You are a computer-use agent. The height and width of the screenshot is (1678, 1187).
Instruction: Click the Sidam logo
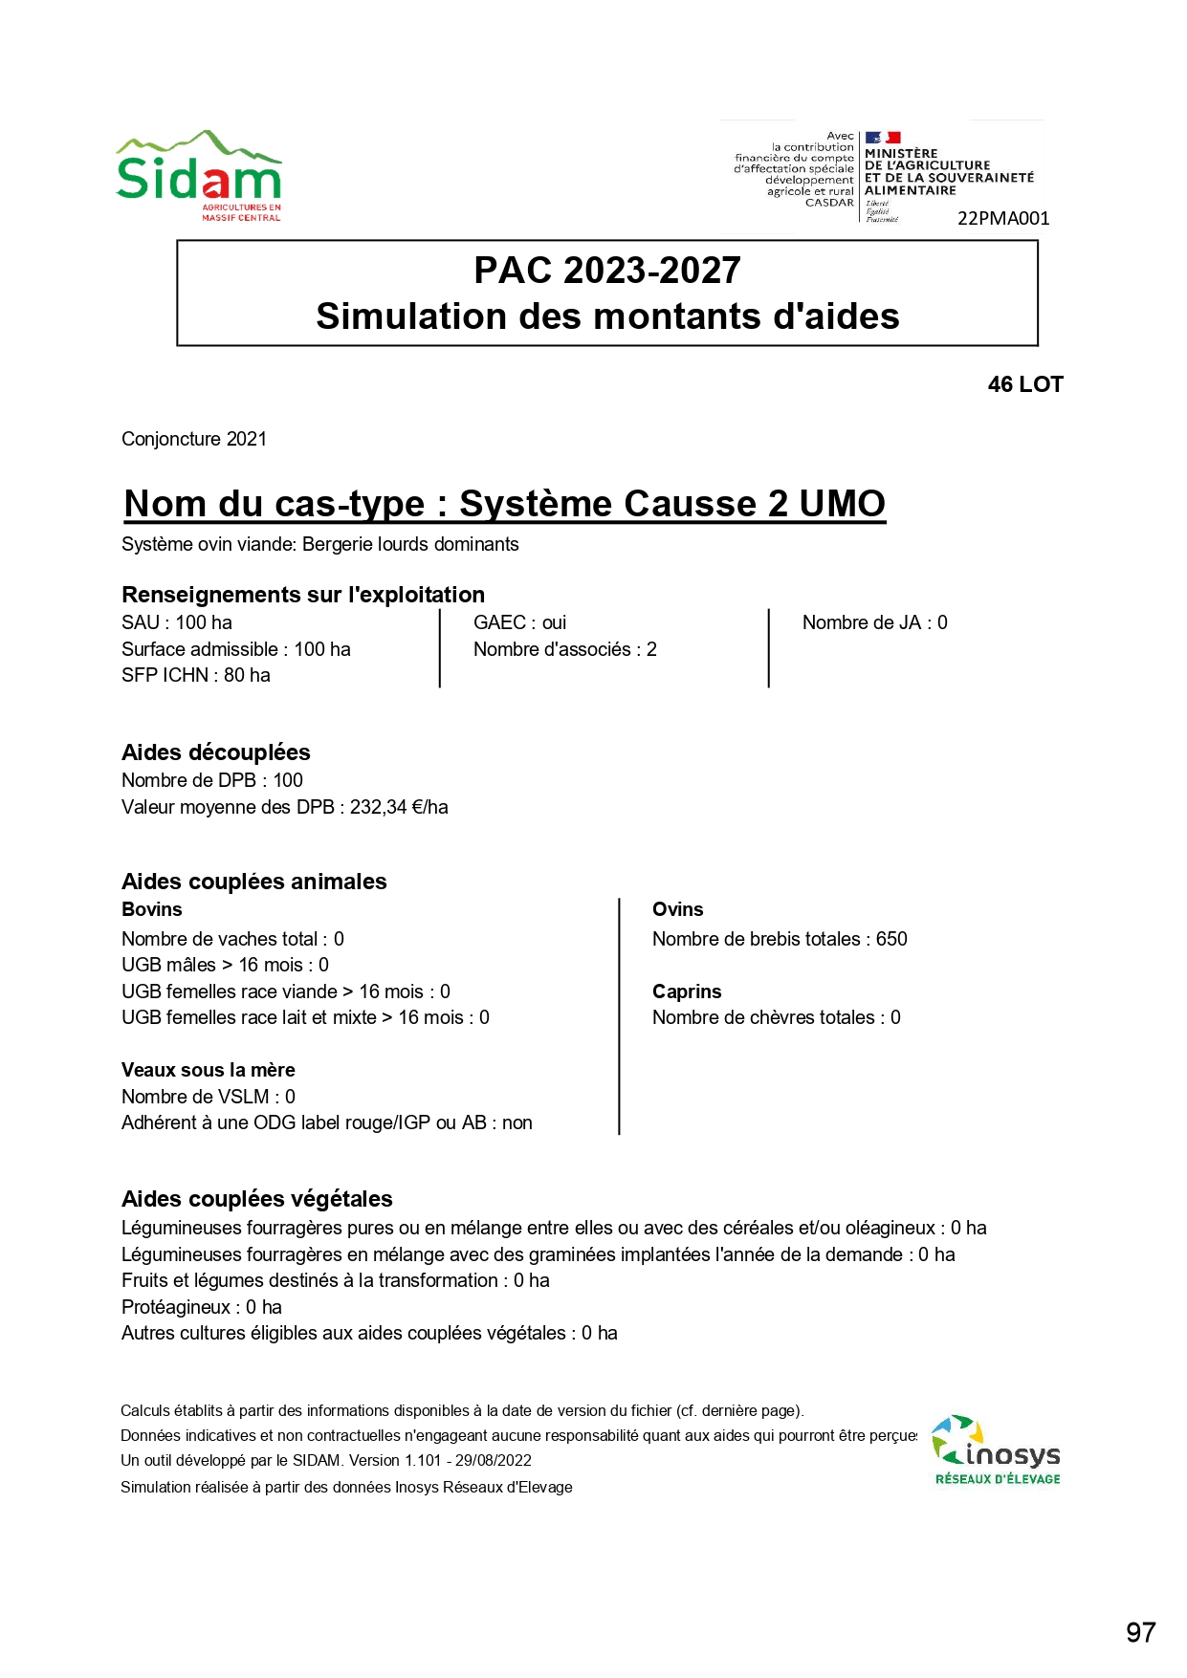(x=199, y=177)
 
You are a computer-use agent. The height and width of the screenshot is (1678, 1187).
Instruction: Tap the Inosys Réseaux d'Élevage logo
(x=996, y=1450)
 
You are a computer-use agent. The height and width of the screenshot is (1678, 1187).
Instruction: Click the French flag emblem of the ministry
(x=882, y=138)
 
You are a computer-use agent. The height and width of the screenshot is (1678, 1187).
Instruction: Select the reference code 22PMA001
(x=1003, y=219)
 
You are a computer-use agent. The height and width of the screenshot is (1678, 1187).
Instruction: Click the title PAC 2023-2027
(x=607, y=271)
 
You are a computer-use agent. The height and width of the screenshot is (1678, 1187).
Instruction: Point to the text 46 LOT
(x=1025, y=384)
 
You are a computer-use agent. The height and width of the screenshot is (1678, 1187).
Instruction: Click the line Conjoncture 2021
(x=194, y=439)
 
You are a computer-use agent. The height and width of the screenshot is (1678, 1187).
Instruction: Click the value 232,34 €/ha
(x=399, y=807)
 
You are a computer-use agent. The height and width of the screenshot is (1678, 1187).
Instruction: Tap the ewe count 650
(x=891, y=939)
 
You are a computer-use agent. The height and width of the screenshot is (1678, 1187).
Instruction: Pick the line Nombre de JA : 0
(x=874, y=622)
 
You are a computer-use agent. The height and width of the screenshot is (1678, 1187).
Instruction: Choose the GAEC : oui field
(x=519, y=622)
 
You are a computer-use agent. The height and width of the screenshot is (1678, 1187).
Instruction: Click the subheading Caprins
(x=687, y=992)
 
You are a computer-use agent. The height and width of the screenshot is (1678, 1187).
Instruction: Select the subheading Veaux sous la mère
(x=209, y=1070)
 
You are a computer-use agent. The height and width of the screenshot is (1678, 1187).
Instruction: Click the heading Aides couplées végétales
(x=257, y=1199)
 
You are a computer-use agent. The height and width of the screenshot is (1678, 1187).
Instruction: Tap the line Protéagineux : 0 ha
(x=202, y=1307)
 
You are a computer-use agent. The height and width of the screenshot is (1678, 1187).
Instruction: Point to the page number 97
(x=1140, y=1632)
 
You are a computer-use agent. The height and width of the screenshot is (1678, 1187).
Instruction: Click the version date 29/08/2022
(x=493, y=1460)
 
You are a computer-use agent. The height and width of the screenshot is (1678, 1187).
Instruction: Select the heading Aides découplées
(x=216, y=752)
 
